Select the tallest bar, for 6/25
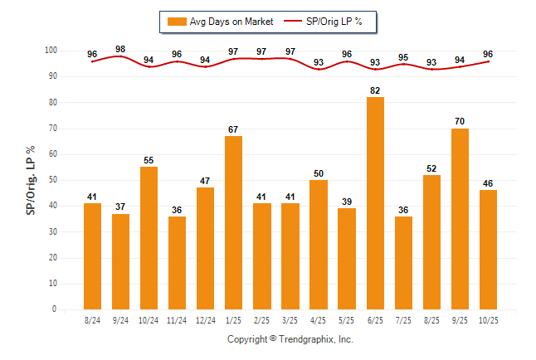coord(375,203)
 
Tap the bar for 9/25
coord(460,219)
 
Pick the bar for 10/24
coord(149,238)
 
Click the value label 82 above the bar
coord(375,90)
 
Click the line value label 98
coord(120,50)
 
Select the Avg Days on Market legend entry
coord(220,21)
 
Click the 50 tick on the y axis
coord(52,180)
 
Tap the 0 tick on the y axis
coord(55,309)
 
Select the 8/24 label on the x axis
coord(93,320)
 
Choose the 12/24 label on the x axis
coord(205,320)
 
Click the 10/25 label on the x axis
coord(488,320)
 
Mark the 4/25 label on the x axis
coord(319,320)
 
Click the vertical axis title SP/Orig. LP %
coord(31,180)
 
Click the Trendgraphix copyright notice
coord(290,339)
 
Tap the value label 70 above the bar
coord(460,121)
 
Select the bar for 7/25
coord(403,263)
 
